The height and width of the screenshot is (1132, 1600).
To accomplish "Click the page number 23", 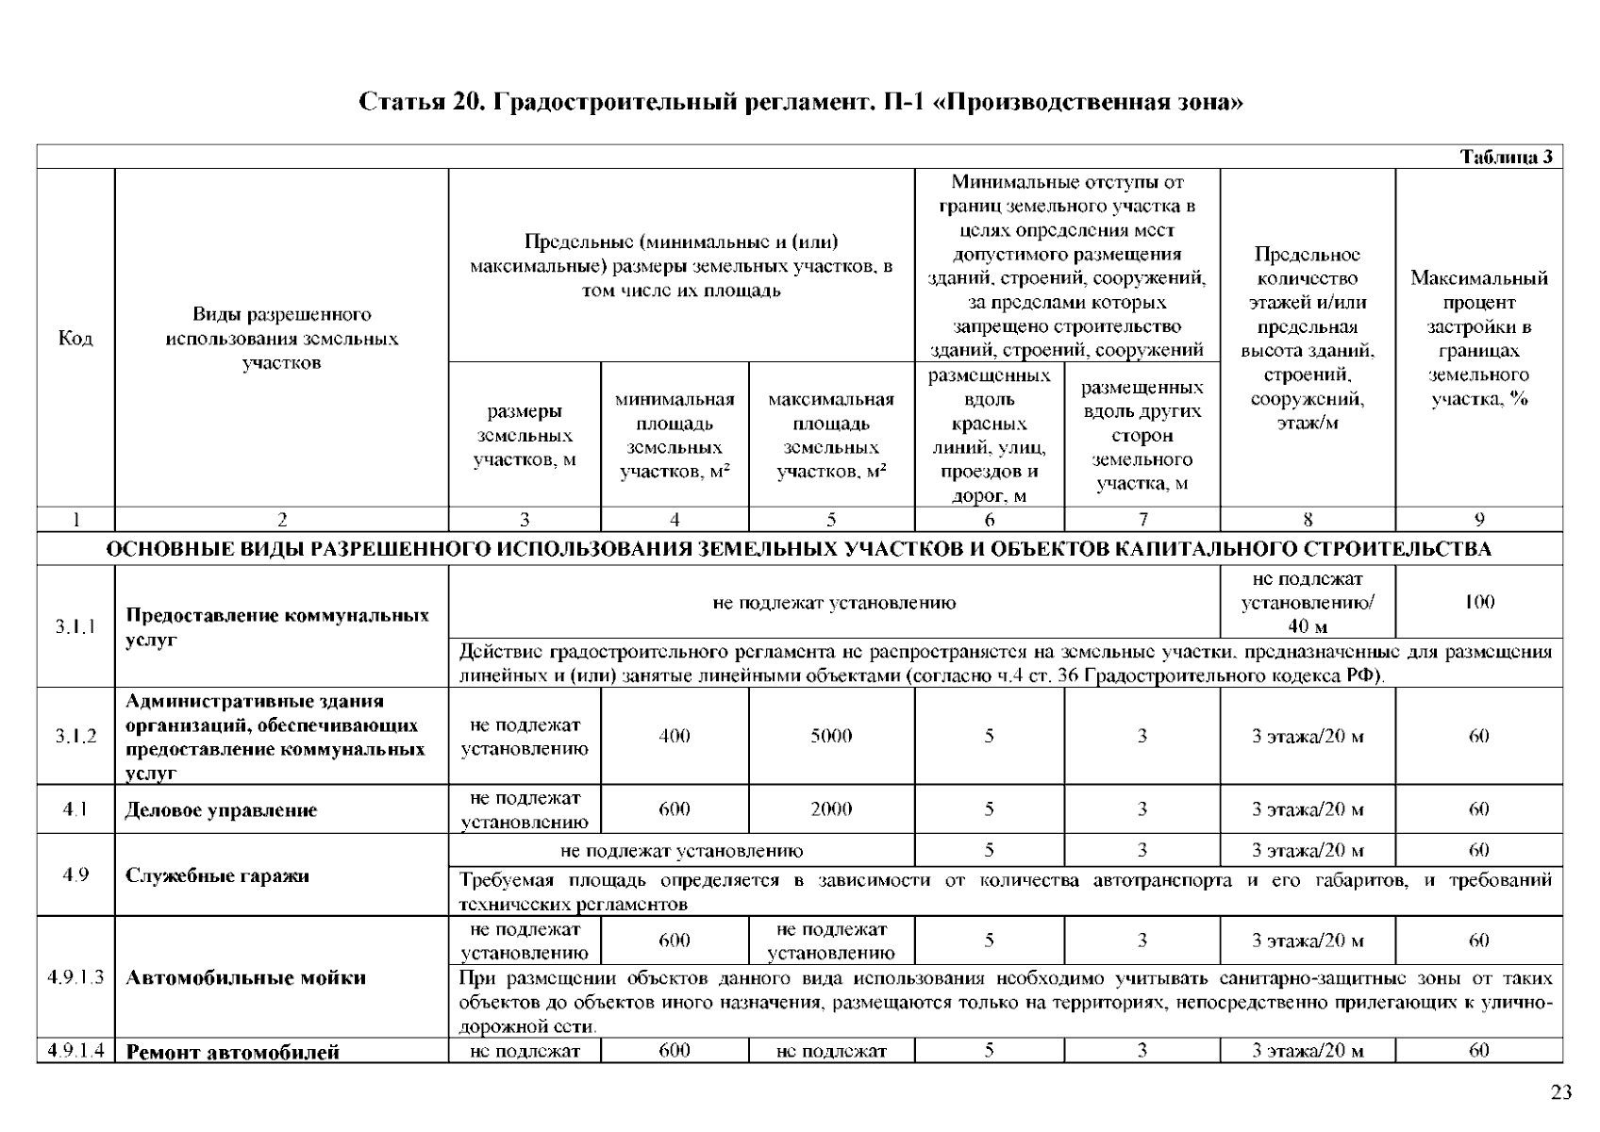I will point(1560,1093).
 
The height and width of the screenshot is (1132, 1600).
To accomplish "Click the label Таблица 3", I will point(1506,158).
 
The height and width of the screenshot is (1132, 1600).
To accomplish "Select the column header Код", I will point(75,339).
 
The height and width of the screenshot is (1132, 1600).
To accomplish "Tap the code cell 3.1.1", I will point(75,626).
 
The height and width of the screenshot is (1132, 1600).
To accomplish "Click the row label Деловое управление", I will point(221,810).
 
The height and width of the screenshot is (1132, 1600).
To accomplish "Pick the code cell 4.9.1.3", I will point(75,977).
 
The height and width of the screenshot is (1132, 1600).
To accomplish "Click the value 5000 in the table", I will point(831,736).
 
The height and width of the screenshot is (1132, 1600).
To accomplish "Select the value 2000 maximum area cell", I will point(831,809).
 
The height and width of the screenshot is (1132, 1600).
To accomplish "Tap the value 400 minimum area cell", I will point(675,736).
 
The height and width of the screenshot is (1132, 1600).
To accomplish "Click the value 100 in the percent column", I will point(1478,602).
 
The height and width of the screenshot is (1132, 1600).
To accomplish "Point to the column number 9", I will point(1478,520).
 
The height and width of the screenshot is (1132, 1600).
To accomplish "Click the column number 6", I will point(989,520).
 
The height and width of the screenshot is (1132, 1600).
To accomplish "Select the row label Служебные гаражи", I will point(217,875).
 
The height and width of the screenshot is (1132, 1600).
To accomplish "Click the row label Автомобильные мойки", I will point(245,977).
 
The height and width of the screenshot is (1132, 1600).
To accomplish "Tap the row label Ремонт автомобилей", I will point(232,1052).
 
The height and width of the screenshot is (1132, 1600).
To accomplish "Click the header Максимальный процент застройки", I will point(1478,339).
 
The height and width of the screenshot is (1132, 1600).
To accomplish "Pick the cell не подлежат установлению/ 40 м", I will point(1307,602).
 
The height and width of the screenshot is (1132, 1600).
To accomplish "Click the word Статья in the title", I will point(402,102).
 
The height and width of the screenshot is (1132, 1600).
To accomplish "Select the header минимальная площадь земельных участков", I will point(675,436).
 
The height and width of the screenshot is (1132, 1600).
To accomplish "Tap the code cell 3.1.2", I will point(75,736).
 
